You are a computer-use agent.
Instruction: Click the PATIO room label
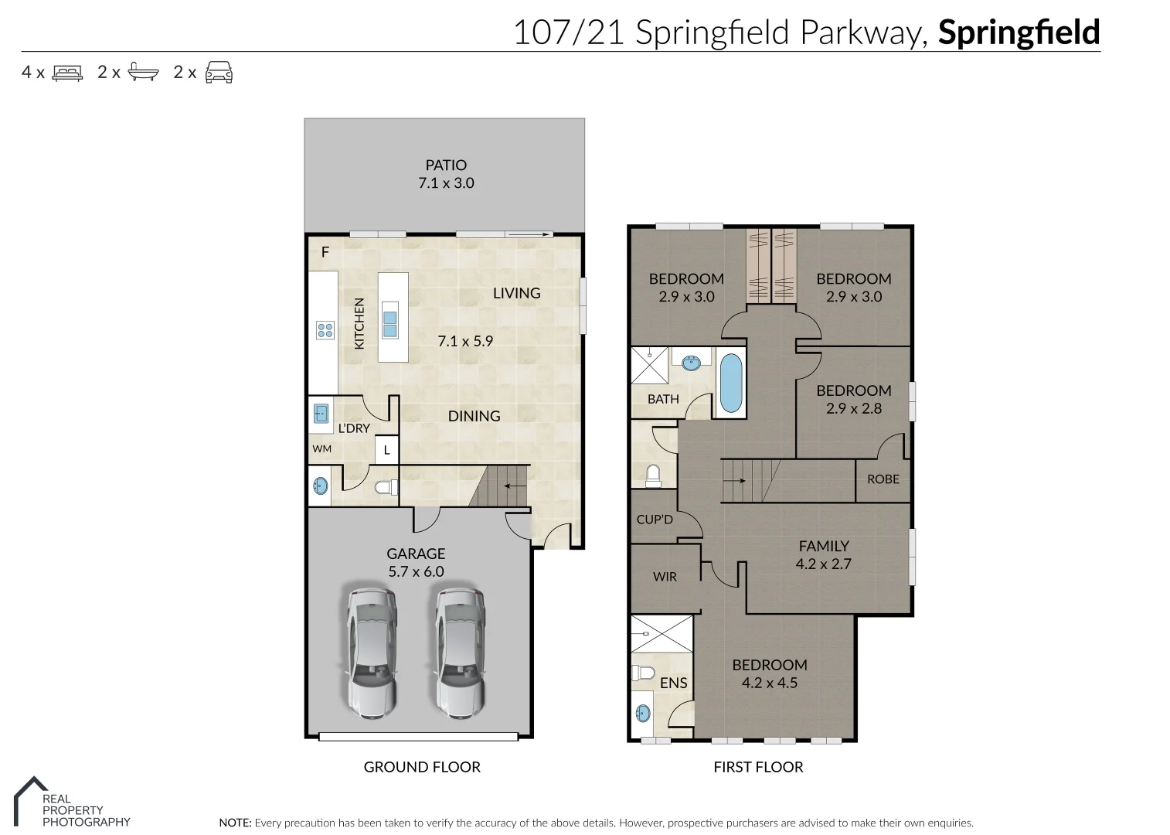446,165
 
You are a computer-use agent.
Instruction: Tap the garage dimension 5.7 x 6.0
416,572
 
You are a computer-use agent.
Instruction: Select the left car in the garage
371,653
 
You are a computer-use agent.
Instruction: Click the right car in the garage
461,653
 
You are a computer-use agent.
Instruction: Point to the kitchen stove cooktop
325,331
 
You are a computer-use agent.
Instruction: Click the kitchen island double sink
390,324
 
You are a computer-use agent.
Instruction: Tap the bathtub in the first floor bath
730,383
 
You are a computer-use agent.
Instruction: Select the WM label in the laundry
322,449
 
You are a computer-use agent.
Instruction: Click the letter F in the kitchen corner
325,252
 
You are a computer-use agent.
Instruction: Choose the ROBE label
883,479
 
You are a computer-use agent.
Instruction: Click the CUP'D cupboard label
655,520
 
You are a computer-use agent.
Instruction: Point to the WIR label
665,577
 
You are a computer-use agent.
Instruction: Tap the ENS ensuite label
673,683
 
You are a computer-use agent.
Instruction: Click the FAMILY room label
824,546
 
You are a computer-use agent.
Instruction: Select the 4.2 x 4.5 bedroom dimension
770,683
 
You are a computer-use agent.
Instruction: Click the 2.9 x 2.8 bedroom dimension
854,409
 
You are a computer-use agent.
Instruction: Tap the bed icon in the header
67,73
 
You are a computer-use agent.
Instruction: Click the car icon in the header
219,72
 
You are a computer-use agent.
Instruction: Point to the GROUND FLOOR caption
422,767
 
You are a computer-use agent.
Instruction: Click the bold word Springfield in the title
1019,32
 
